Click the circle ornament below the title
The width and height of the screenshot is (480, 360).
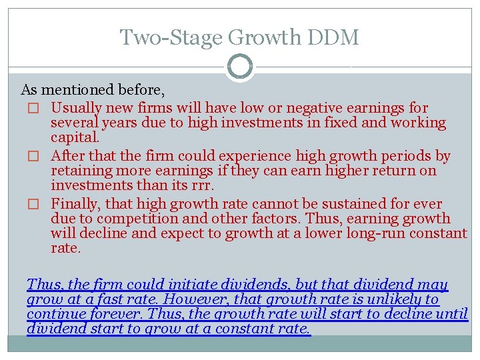coord(240,67)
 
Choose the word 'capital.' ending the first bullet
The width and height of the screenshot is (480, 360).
coord(75,138)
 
